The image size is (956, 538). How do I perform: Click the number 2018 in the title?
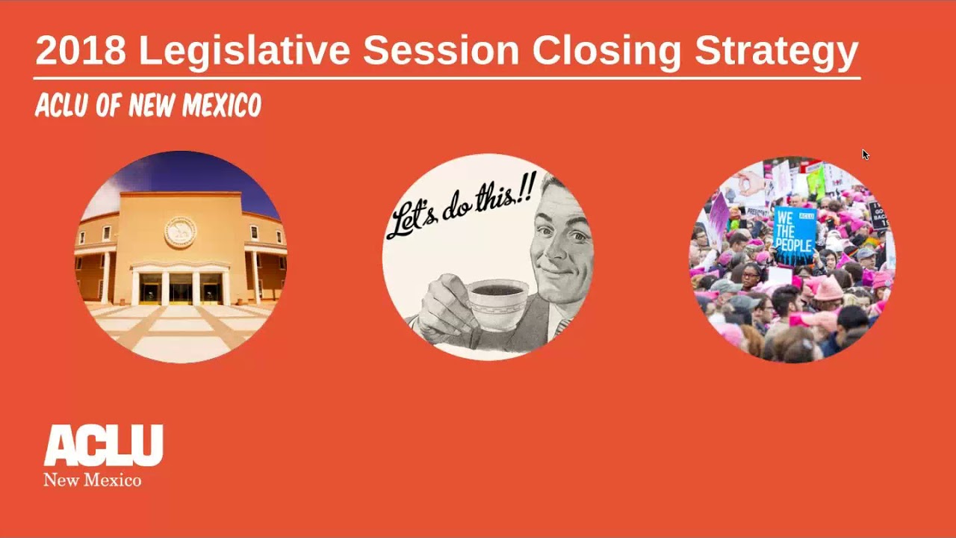click(81, 51)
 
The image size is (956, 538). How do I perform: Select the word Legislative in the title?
click(244, 51)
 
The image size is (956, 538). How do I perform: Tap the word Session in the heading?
click(441, 51)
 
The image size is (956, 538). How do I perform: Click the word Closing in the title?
click(606, 51)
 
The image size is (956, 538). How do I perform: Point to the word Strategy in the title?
click(777, 51)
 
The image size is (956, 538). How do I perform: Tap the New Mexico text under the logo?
click(92, 480)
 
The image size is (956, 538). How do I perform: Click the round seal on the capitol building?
click(180, 232)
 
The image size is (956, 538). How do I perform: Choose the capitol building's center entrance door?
click(180, 288)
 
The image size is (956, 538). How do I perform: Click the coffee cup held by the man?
click(497, 303)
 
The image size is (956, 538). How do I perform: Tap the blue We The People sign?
click(793, 233)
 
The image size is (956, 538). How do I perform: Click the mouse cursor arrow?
click(865, 154)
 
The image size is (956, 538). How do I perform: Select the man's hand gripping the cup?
click(444, 303)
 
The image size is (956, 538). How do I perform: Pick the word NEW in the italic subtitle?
click(153, 106)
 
